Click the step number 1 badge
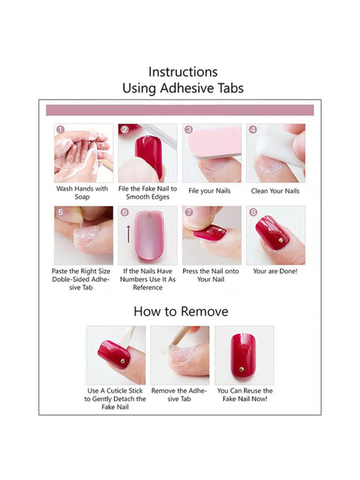pyautogui.click(x=61, y=130)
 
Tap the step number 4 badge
pyautogui.click(x=253, y=130)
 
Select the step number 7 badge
pyautogui.click(x=189, y=212)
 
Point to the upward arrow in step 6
pyautogui.click(x=128, y=234)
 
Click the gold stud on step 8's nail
pyautogui.click(x=280, y=241)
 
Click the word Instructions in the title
pyautogui.click(x=183, y=72)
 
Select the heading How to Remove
pyautogui.click(x=181, y=311)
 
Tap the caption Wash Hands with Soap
pyautogui.click(x=82, y=193)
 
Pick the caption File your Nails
pyautogui.click(x=209, y=190)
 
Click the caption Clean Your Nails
pyautogui.click(x=275, y=190)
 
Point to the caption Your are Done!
pyautogui.click(x=275, y=271)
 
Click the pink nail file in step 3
pyautogui.click(x=214, y=142)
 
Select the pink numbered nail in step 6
pyautogui.click(x=148, y=235)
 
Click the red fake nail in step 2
pyautogui.click(x=149, y=156)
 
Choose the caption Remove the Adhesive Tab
pyautogui.click(x=179, y=394)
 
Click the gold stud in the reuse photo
pyautogui.click(x=241, y=370)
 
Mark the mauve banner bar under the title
pyautogui.click(x=180, y=110)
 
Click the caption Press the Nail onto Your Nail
pyautogui.click(x=211, y=275)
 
